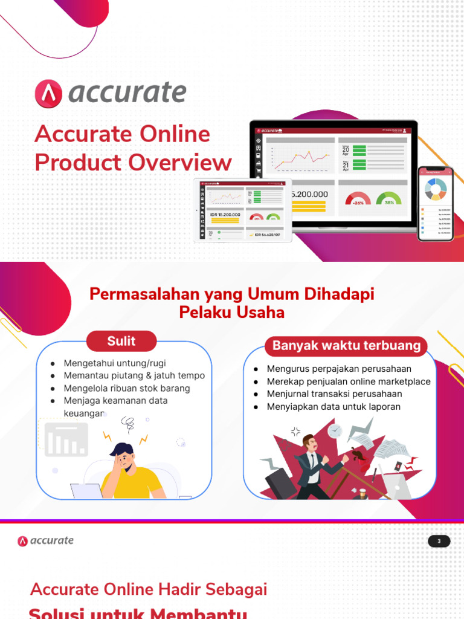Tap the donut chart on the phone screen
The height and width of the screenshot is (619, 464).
click(435, 189)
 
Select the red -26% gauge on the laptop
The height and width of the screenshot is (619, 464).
click(358, 199)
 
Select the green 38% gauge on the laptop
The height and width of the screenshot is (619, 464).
click(388, 199)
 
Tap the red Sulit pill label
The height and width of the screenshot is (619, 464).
click(121, 341)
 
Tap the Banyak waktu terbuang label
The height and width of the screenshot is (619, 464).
click(346, 346)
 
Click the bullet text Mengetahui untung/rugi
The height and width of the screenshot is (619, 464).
click(115, 363)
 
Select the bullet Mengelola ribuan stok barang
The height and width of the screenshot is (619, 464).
click(127, 388)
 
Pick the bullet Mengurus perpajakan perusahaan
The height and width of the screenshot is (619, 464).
click(339, 369)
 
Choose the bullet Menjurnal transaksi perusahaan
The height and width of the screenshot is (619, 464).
click(334, 394)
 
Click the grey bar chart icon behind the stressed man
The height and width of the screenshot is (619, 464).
click(66, 439)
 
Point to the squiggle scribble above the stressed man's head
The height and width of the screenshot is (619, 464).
click(127, 423)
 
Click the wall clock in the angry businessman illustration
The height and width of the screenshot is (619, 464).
click(335, 431)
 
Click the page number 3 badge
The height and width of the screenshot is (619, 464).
click(439, 541)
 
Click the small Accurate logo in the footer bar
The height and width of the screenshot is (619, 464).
click(46, 541)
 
